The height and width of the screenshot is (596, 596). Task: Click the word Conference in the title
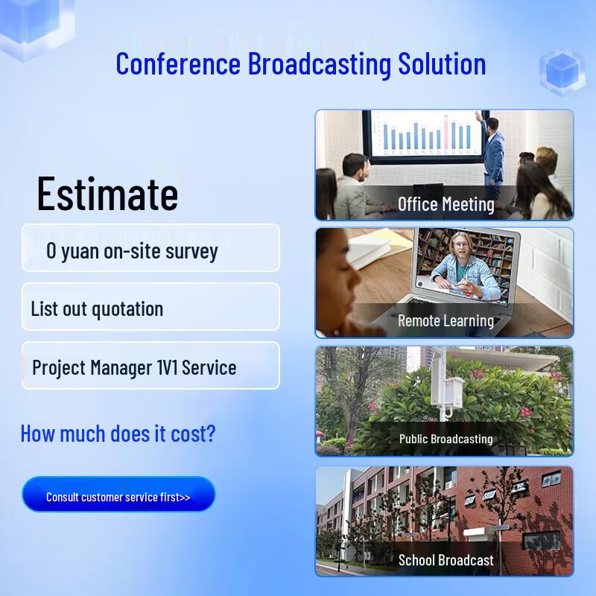click(x=179, y=63)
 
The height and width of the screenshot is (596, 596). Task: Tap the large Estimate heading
click(x=107, y=194)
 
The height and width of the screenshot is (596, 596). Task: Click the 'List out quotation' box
click(x=150, y=308)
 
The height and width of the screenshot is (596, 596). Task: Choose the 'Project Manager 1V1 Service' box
click(x=150, y=367)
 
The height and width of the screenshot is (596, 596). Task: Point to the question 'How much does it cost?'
click(x=118, y=433)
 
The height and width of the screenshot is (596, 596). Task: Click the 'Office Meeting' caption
click(x=446, y=204)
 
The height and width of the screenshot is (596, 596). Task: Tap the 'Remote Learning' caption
click(x=446, y=321)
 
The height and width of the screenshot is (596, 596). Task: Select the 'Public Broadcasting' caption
click(x=446, y=439)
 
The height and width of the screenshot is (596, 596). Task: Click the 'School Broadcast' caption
click(x=446, y=560)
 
